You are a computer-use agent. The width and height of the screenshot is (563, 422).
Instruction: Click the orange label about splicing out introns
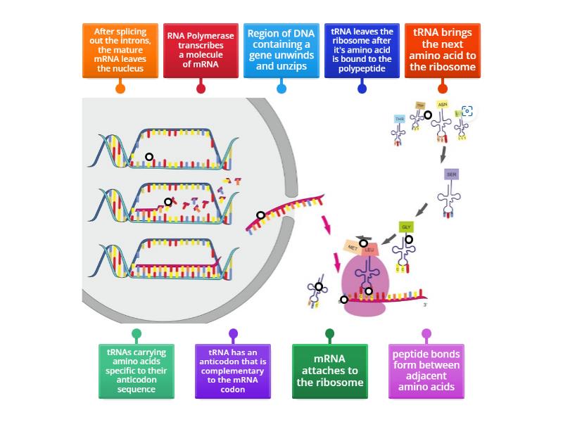click(x=120, y=51)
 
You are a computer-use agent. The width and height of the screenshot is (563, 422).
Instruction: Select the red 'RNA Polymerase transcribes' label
click(x=201, y=51)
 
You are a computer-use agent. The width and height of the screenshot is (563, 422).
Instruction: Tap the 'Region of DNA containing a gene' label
click(x=281, y=51)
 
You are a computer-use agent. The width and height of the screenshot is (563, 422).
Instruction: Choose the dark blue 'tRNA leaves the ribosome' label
click(x=362, y=51)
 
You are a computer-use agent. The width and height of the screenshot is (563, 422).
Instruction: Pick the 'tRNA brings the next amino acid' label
click(x=443, y=51)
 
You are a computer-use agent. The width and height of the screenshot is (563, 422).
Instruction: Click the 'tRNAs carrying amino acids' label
click(x=136, y=371)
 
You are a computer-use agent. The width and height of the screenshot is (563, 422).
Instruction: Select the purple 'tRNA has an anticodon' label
click(x=233, y=371)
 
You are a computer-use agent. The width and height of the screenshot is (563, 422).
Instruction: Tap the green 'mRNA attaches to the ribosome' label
click(x=329, y=371)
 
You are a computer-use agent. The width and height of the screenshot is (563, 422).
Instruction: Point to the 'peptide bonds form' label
click(x=426, y=371)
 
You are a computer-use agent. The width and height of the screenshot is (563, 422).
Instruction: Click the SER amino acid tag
click(x=451, y=174)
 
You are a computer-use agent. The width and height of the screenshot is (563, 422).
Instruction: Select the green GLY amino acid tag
click(x=406, y=227)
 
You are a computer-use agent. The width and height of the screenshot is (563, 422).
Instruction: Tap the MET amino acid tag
click(x=353, y=248)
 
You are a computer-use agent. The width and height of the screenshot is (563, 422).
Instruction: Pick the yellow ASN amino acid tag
click(x=442, y=104)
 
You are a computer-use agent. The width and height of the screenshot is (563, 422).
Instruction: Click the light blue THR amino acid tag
click(x=400, y=119)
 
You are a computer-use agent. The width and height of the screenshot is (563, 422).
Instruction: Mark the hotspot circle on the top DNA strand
click(x=149, y=157)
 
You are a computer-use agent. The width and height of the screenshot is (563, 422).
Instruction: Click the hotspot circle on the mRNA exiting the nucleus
click(x=260, y=215)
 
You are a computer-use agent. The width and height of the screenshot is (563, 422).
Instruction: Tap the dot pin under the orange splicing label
click(x=120, y=89)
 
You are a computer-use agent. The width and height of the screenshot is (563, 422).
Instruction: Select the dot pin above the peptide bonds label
click(x=426, y=333)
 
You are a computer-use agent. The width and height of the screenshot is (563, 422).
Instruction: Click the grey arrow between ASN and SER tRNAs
click(x=443, y=153)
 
